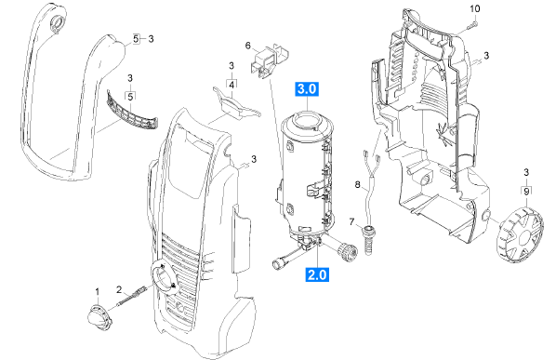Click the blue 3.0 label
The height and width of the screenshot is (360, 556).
(307, 89)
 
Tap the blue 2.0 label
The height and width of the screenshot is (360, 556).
(317, 274)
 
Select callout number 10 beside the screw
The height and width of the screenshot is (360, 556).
(475, 8)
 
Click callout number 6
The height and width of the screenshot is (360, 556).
(248, 46)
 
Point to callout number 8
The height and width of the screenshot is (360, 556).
(357, 184)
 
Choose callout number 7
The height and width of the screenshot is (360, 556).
(351, 222)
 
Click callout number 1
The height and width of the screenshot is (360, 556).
(98, 292)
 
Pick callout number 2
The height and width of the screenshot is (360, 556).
(120, 289)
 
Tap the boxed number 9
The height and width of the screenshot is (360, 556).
(526, 192)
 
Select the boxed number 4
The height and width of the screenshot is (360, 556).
(232, 86)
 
